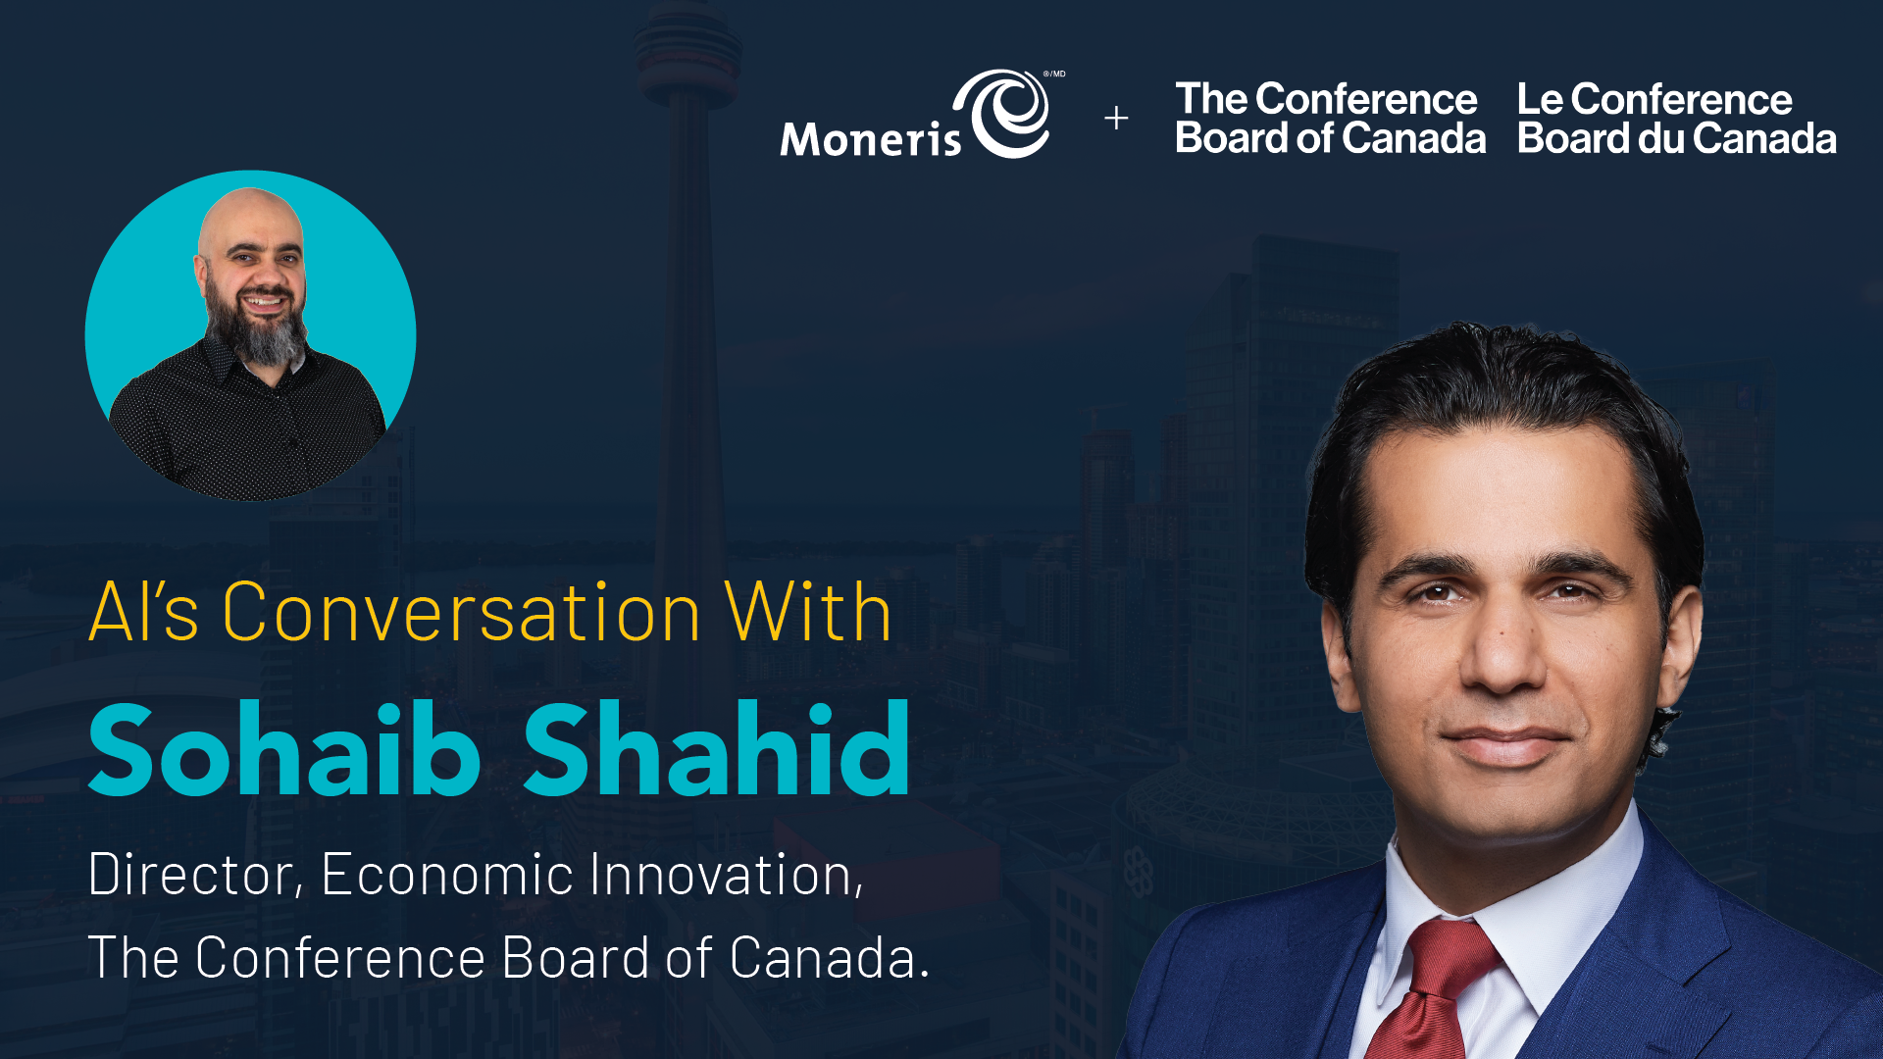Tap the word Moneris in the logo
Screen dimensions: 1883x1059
point(871,138)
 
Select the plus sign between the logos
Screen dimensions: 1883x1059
point(1116,119)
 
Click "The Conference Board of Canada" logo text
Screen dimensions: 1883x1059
point(1330,119)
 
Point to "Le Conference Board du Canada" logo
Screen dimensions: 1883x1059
point(1676,119)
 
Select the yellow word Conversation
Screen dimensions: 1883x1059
point(461,612)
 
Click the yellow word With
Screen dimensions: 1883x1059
point(808,612)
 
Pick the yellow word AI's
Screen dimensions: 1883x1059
point(144,612)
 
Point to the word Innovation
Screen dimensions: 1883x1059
point(727,874)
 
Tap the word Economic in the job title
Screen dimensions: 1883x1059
point(447,874)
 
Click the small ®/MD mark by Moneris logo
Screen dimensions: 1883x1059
point(1054,74)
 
